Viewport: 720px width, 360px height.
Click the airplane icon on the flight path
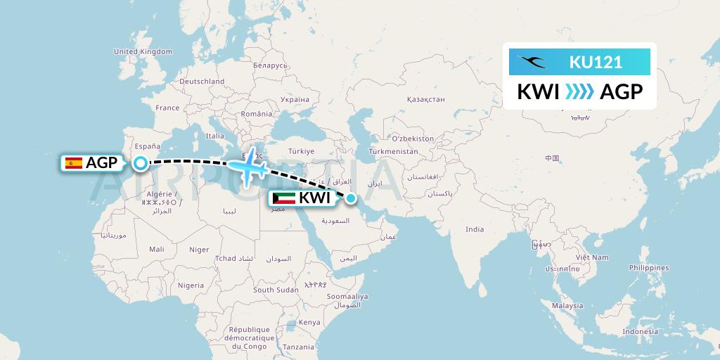[247, 167]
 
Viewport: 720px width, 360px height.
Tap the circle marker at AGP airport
[141, 163]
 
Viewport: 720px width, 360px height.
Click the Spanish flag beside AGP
[73, 163]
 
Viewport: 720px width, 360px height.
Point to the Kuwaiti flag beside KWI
[283, 198]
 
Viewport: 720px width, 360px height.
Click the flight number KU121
[595, 62]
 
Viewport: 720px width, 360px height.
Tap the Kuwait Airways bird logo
[532, 61]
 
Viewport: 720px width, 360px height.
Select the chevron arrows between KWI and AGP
[579, 91]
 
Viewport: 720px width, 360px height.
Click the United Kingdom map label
[143, 51]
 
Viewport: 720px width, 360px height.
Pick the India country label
[475, 229]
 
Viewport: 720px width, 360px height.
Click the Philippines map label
[649, 268]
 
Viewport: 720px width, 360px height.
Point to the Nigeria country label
[191, 285]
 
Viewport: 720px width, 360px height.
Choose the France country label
[167, 108]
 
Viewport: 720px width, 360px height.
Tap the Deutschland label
[201, 82]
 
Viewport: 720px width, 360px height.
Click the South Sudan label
[276, 290]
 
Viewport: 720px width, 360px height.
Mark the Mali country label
[157, 249]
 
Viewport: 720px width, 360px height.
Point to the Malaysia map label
[567, 306]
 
